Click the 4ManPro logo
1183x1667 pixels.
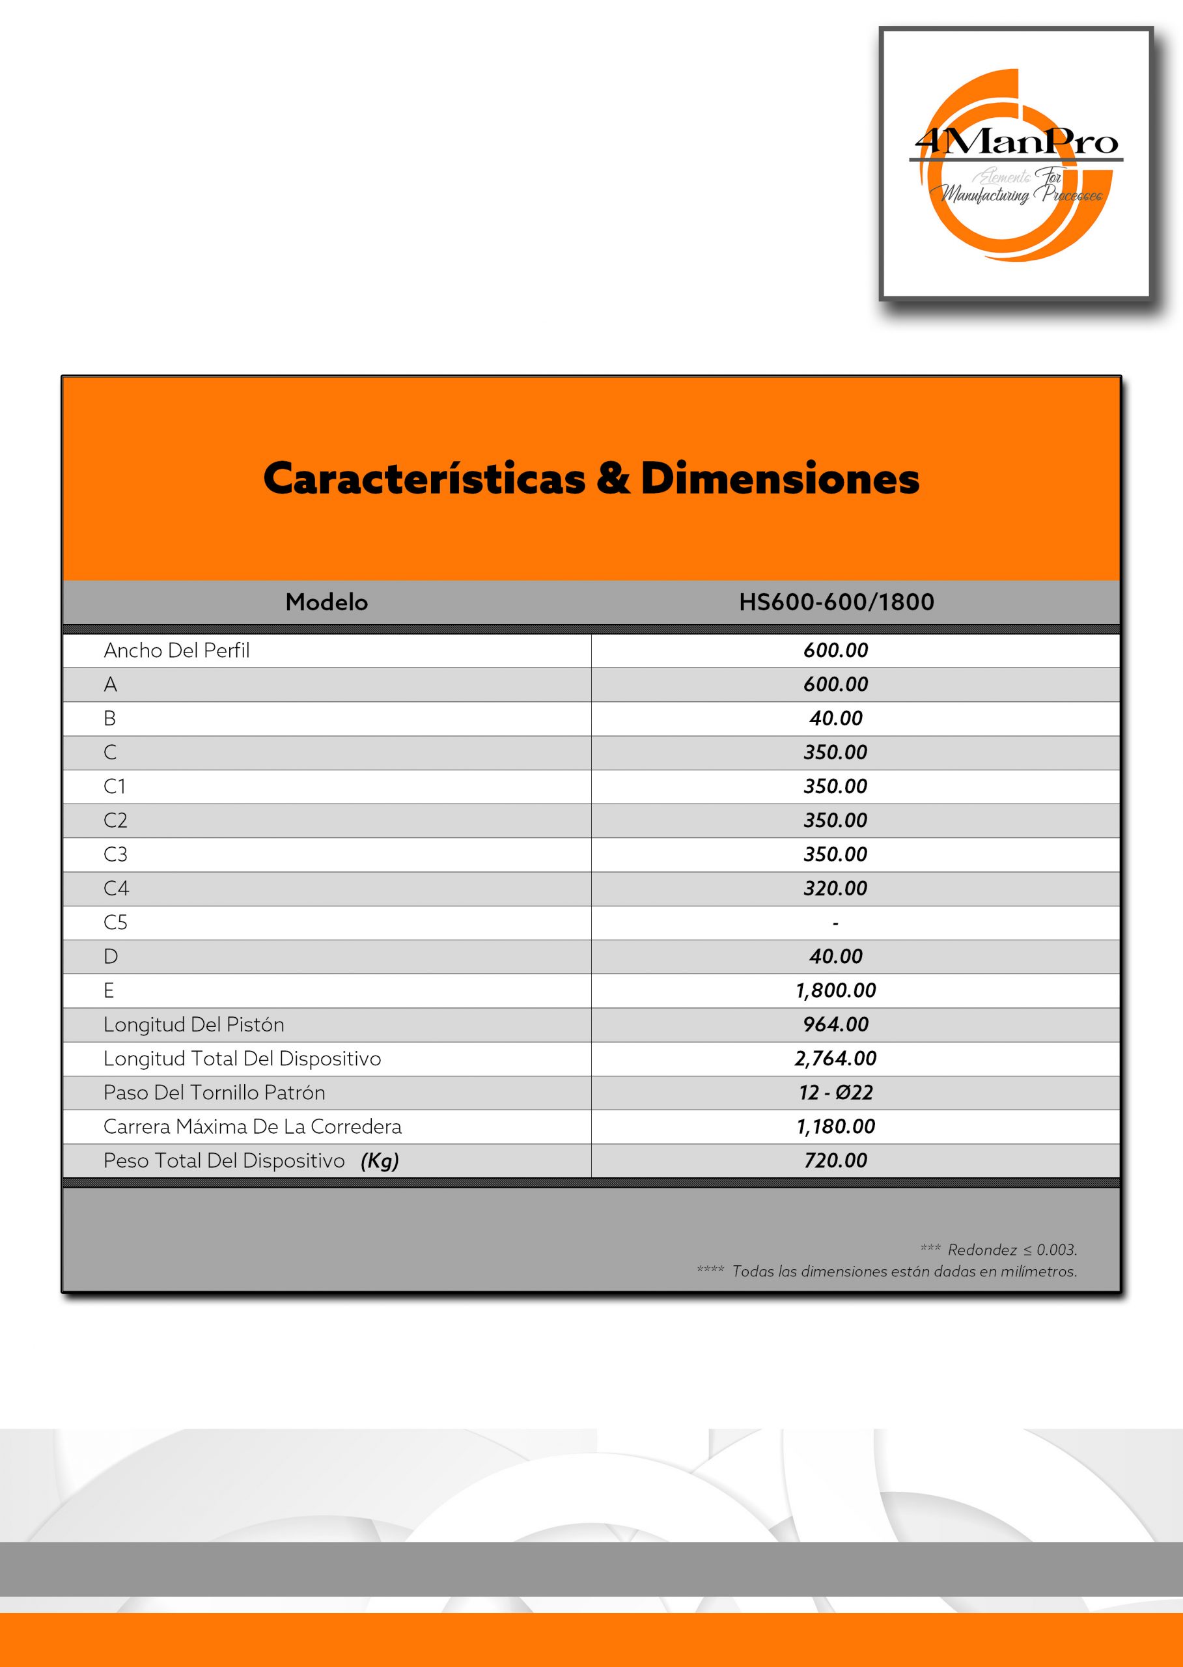tap(1016, 164)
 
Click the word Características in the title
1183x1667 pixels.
tap(424, 479)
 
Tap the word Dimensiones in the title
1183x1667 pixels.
tap(779, 479)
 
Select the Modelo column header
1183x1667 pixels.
tap(326, 602)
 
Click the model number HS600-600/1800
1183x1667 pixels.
tap(836, 602)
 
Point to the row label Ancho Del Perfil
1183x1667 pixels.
tap(176, 651)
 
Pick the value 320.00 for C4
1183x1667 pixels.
tap(835, 888)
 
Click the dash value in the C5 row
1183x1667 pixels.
tap(835, 923)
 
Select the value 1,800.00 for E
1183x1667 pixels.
tap(835, 990)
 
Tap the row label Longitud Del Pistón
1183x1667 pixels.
tap(194, 1024)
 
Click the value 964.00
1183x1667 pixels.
tap(835, 1024)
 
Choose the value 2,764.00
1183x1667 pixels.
tap(835, 1058)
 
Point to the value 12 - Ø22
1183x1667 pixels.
tap(835, 1092)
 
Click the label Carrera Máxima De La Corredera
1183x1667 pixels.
tap(252, 1127)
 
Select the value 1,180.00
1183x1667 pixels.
tap(835, 1127)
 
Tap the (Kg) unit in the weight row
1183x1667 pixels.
tap(380, 1160)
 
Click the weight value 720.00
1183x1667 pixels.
tap(835, 1160)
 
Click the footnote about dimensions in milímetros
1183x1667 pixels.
tap(903, 1271)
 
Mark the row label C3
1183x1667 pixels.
tap(115, 854)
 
